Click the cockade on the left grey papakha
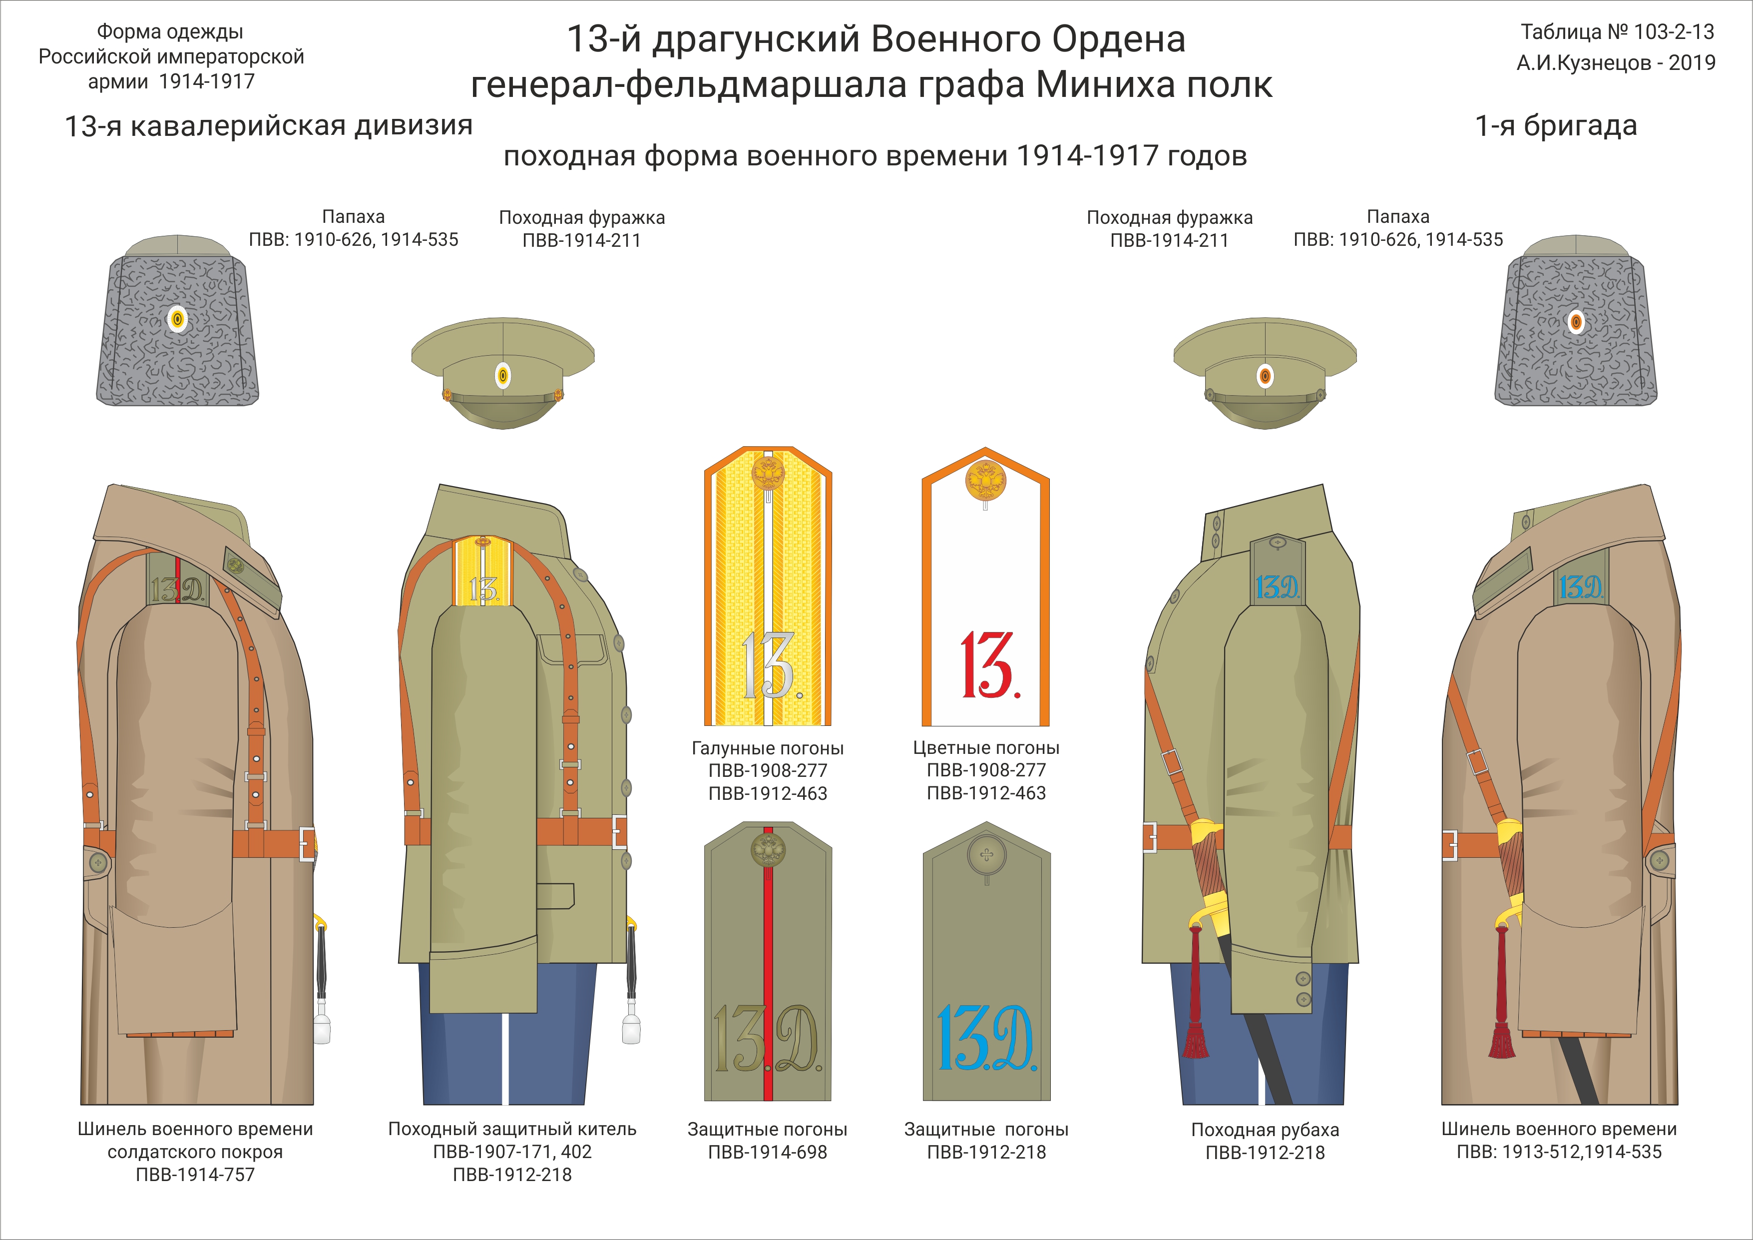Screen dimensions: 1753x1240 point(177,319)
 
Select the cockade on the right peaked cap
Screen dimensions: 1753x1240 point(1265,376)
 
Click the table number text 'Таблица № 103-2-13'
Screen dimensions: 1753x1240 point(1617,32)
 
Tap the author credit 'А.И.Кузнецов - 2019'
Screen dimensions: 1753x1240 point(1616,62)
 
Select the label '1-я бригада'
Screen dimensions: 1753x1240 point(1556,125)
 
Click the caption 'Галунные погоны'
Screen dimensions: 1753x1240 point(767,748)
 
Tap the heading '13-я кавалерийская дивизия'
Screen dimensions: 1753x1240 point(269,125)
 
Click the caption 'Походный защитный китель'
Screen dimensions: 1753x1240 point(512,1129)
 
